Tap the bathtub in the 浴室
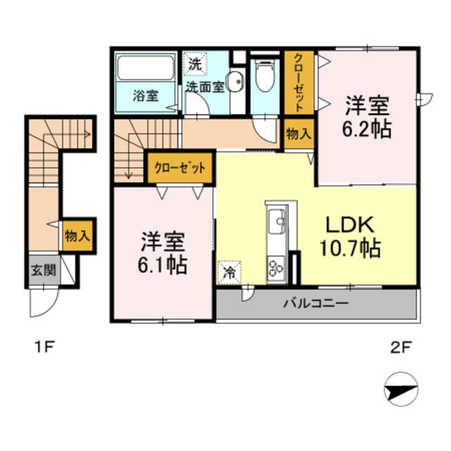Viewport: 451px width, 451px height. pyautogui.click(x=146, y=68)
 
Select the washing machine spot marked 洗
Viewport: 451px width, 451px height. pyautogui.click(x=195, y=64)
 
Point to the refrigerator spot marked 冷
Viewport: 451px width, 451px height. pyautogui.click(x=229, y=272)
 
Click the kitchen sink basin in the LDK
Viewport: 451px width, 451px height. pyautogui.click(x=276, y=221)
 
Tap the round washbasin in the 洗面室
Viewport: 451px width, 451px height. pyautogui.click(x=236, y=82)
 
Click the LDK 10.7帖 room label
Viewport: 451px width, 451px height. pyautogui.click(x=350, y=236)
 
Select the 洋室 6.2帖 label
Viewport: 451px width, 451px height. pyautogui.click(x=366, y=117)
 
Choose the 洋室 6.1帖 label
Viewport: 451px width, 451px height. pyautogui.click(x=163, y=252)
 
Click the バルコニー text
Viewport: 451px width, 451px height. pyautogui.click(x=316, y=304)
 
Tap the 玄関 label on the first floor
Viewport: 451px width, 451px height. pyautogui.click(x=44, y=270)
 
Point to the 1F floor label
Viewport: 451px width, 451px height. pyautogui.click(x=44, y=347)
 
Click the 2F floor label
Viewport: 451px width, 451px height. pyautogui.click(x=401, y=347)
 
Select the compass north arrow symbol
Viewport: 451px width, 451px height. pyautogui.click(x=401, y=389)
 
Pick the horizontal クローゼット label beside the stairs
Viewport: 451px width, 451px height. pyautogui.click(x=180, y=168)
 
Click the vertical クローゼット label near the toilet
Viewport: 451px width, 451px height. pyautogui.click(x=299, y=83)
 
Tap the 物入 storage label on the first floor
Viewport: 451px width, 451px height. pyautogui.click(x=78, y=236)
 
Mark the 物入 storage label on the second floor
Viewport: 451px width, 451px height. pyautogui.click(x=299, y=134)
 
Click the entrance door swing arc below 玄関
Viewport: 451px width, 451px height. pyautogui.click(x=49, y=310)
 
